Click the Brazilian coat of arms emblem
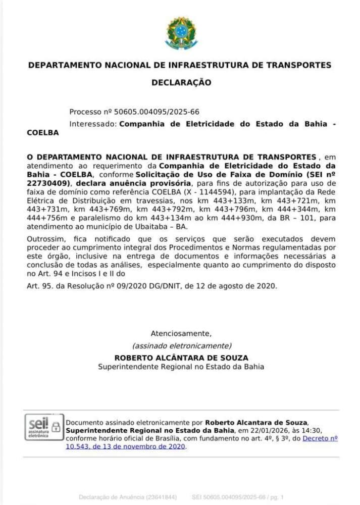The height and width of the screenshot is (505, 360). [180, 33]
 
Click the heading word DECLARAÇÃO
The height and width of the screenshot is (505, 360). [181, 82]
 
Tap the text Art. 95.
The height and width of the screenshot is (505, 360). [39, 286]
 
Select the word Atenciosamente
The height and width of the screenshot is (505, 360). [181, 333]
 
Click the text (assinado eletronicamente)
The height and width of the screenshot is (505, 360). [181, 345]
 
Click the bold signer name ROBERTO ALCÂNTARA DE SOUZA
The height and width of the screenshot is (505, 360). [181, 358]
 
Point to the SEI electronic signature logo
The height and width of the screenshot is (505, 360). [37, 427]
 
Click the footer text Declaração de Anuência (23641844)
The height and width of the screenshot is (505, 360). [128, 497]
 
